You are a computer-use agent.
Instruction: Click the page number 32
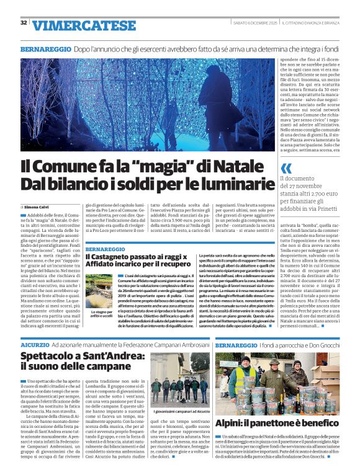pos(24,23)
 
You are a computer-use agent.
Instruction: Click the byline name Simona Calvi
pos(37,206)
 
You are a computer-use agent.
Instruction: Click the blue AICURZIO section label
pos(35,344)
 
